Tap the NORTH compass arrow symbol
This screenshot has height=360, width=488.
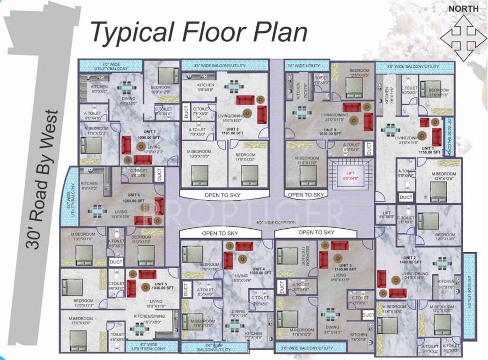(463, 38)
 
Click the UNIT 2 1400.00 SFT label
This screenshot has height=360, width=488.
(409, 261)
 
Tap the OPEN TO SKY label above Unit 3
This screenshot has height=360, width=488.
(316, 232)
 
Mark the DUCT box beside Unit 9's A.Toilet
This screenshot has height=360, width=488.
(369, 149)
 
